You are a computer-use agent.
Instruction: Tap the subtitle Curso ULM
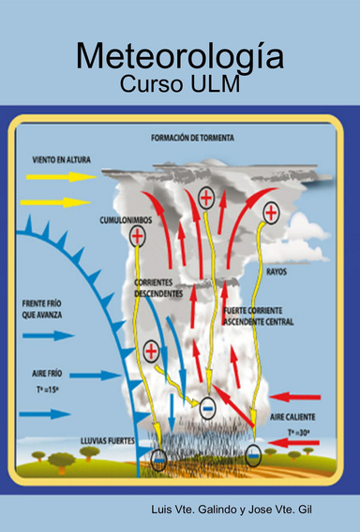(180, 83)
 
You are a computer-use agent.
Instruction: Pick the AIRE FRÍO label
(46, 372)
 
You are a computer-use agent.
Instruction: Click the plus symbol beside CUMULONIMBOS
(138, 236)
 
